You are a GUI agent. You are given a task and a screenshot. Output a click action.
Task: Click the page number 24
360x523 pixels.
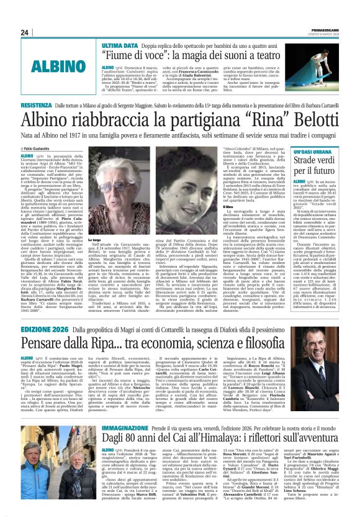pyautogui.click(x=25, y=32)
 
